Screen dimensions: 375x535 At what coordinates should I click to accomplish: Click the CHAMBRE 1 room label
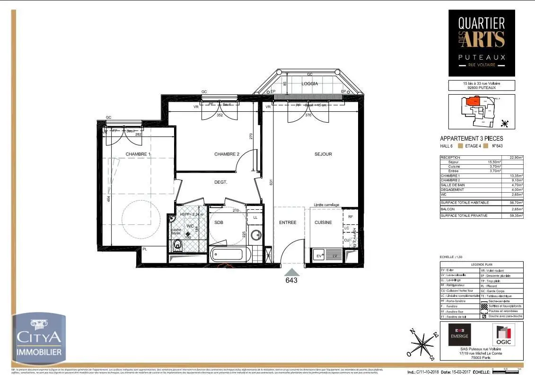pos(138,154)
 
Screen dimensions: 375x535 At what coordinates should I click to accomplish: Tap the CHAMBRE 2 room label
pos(227,154)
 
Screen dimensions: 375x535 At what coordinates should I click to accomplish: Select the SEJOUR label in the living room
pos(323,154)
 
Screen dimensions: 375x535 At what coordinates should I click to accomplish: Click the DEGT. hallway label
pos(220,182)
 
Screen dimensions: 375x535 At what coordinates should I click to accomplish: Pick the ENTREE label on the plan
pos(287,223)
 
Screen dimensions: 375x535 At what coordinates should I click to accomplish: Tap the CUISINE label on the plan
pos(324,223)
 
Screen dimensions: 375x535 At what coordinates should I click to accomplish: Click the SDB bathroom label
pos(219,223)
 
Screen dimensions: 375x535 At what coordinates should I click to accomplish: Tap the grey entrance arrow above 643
pos(291,272)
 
